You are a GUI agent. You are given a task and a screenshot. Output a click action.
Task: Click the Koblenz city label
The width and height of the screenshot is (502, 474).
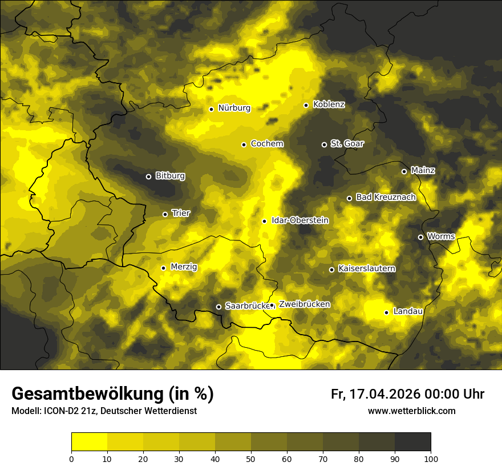point(329,105)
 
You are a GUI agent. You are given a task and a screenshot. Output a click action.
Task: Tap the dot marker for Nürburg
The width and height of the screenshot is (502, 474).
point(211,109)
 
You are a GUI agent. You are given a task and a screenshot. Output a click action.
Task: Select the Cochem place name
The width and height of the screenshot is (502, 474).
point(266,144)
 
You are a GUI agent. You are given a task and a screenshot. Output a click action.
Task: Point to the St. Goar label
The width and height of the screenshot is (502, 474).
point(347,144)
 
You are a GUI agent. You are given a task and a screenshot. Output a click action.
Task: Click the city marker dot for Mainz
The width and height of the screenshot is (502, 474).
point(404,171)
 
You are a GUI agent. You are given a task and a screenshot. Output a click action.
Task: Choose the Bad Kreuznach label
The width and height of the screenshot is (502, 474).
point(386,198)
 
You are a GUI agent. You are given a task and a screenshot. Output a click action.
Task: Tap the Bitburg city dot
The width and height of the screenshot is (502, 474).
point(148,176)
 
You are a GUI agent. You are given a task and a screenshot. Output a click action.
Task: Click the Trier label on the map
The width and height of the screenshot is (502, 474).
point(181,214)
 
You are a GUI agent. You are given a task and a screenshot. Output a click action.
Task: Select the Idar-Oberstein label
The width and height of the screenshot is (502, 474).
point(299,220)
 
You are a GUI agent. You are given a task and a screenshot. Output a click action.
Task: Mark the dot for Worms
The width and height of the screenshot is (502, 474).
point(420,237)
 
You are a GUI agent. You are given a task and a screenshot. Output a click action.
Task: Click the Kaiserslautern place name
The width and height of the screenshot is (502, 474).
point(366,269)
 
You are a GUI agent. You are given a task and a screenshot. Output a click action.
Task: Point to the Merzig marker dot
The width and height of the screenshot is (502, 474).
point(163,268)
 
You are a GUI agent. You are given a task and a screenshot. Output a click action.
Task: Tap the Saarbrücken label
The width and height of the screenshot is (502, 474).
point(247,306)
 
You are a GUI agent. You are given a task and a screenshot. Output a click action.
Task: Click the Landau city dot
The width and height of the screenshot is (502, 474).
point(386,312)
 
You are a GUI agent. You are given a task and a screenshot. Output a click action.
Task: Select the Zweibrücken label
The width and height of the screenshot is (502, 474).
point(304,304)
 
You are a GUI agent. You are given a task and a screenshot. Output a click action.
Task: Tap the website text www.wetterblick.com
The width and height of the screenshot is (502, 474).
point(411,411)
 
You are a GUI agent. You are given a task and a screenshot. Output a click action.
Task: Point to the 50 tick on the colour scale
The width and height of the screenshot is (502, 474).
point(251,459)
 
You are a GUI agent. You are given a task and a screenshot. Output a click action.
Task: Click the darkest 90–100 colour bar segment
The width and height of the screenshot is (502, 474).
point(412,442)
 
